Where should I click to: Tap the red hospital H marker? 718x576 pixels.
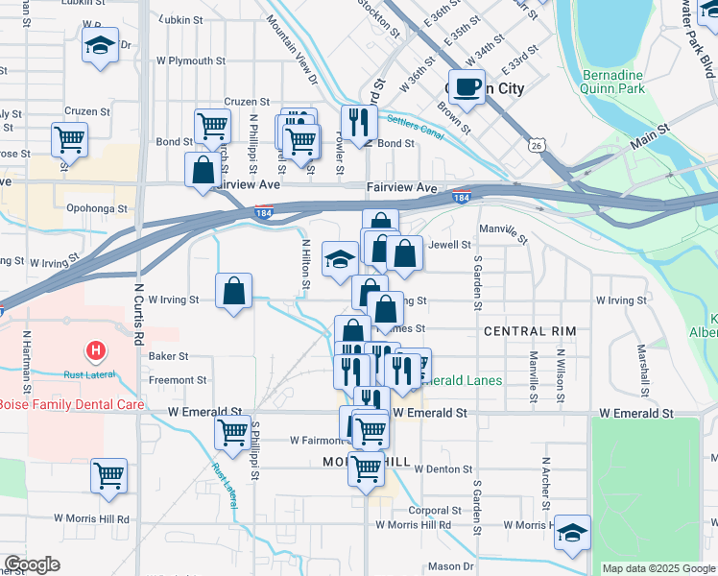96,351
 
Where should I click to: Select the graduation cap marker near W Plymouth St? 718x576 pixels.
100,46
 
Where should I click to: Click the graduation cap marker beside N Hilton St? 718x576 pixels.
340,259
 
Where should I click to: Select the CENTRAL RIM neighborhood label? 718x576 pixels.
529,331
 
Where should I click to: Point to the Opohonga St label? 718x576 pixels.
97,207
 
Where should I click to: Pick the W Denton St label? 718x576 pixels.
438,469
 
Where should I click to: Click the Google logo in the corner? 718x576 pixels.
32,564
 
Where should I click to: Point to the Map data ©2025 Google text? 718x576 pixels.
658,568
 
